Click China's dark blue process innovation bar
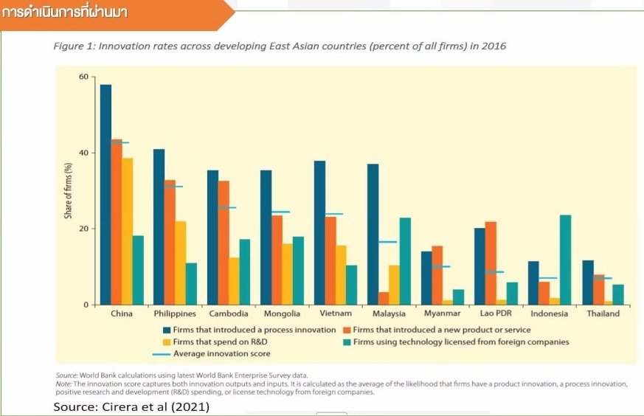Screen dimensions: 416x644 point(105,195)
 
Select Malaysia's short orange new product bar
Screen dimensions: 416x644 point(384,299)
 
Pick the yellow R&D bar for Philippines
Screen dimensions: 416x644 point(181,263)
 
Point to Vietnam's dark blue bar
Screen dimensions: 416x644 point(319,232)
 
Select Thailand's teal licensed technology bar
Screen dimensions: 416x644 point(619,294)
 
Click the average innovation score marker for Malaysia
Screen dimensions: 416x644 point(388,242)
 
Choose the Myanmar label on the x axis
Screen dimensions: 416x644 point(442,313)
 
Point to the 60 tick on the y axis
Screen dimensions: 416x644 point(83,77)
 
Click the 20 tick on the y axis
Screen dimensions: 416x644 point(83,229)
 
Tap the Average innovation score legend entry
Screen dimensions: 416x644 point(221,354)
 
